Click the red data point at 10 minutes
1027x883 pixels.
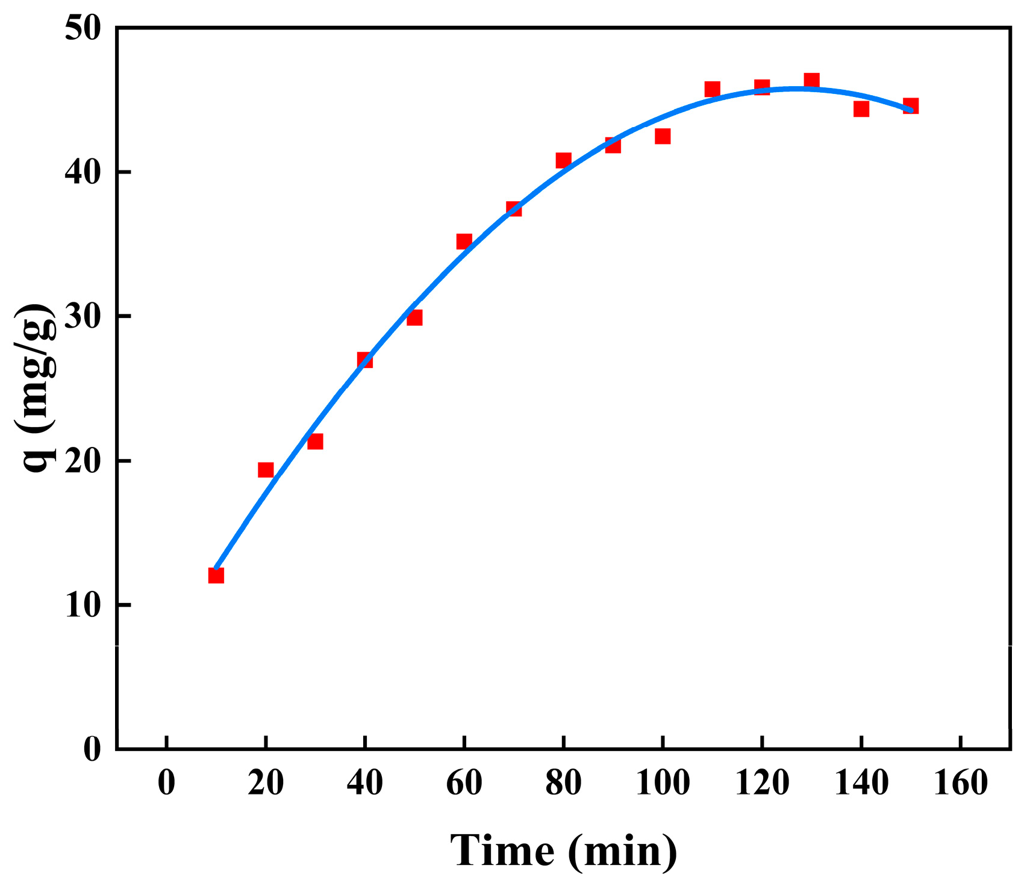[216, 575]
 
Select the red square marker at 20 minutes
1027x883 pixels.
[266, 470]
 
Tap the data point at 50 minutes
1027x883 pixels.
[414, 317]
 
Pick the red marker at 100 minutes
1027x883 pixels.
[663, 136]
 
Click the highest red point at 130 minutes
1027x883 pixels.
[811, 81]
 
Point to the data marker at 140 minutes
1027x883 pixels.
[861, 109]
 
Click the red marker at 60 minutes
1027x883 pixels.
[464, 242]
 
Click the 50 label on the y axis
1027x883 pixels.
[83, 29]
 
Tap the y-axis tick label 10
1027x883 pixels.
[83, 605]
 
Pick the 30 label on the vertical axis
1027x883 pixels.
[83, 317]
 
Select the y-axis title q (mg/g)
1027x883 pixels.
[37, 388]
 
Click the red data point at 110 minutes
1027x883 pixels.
[712, 90]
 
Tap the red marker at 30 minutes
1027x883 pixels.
[315, 441]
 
